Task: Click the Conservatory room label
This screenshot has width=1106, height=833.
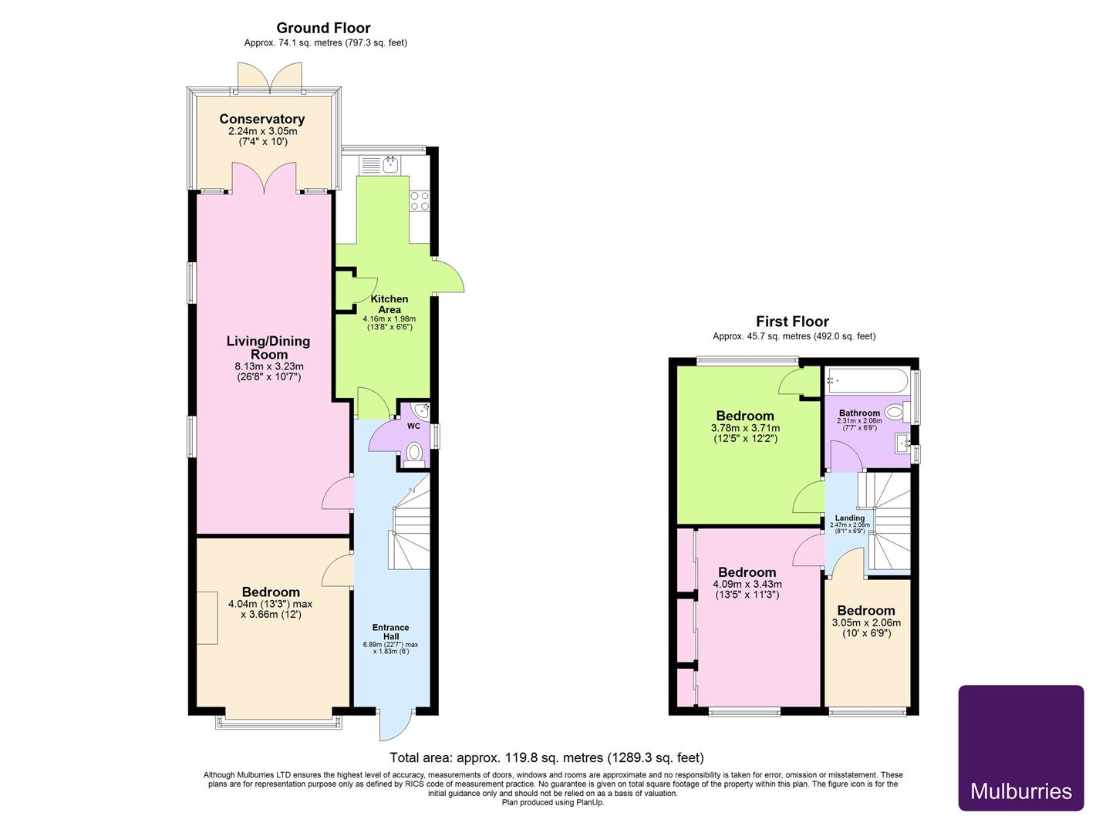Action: pyautogui.click(x=261, y=119)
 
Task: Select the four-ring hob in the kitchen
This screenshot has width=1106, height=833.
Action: pyautogui.click(x=420, y=201)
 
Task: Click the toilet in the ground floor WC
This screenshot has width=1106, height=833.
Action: pyautogui.click(x=414, y=454)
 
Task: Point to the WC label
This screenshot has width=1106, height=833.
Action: pyautogui.click(x=413, y=426)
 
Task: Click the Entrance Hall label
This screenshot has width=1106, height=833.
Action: pyautogui.click(x=390, y=632)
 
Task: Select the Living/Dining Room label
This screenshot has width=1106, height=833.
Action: pyautogui.click(x=268, y=347)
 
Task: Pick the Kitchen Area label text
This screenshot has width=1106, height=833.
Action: pyautogui.click(x=389, y=304)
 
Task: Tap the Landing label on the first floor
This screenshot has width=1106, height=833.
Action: pyautogui.click(x=849, y=518)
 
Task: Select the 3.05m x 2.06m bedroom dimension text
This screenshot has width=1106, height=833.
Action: pyautogui.click(x=866, y=623)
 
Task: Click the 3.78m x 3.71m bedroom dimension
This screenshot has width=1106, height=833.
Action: pyautogui.click(x=744, y=428)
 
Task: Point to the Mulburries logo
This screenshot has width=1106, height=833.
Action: pyautogui.click(x=1020, y=747)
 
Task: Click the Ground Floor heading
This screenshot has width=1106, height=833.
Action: pyautogui.click(x=323, y=28)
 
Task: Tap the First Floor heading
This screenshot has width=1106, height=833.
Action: pyautogui.click(x=792, y=322)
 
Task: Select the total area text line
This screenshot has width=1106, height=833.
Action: pyautogui.click(x=546, y=757)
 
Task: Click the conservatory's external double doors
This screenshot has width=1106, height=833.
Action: pyautogui.click(x=270, y=77)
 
